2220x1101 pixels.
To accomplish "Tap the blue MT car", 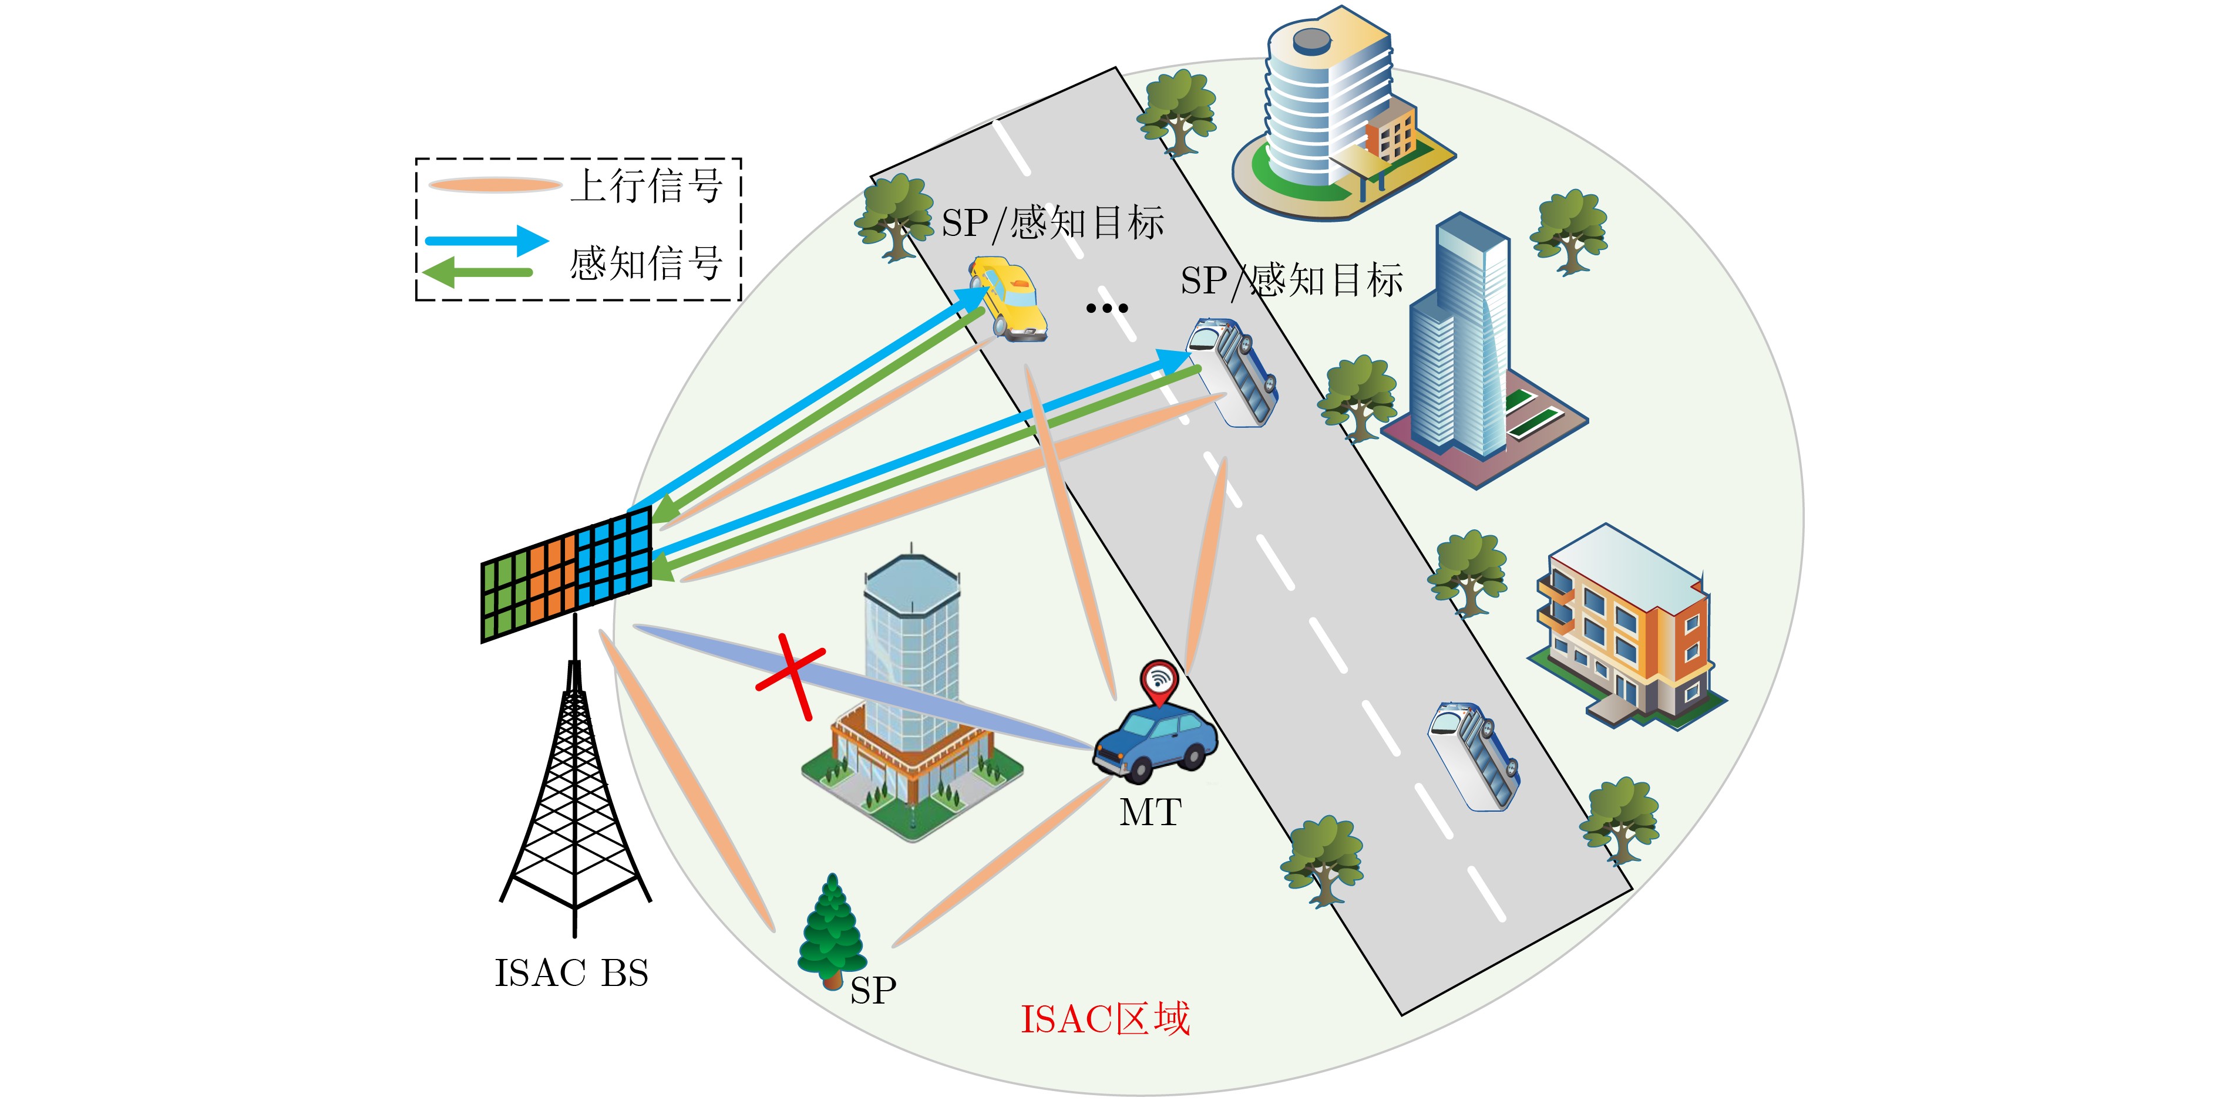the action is (1155, 742).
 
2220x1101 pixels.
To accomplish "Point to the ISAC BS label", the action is (571, 974).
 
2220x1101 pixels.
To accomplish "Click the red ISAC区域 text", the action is (1105, 1019).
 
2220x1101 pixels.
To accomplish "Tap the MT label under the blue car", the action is (1150, 812).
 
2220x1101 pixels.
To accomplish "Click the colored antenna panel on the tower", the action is (566, 574).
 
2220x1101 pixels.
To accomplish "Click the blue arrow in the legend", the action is (487, 241).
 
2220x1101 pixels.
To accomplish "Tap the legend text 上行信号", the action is (647, 186).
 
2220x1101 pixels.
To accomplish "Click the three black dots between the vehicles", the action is (1106, 308).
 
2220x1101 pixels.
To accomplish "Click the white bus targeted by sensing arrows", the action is (1232, 372).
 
